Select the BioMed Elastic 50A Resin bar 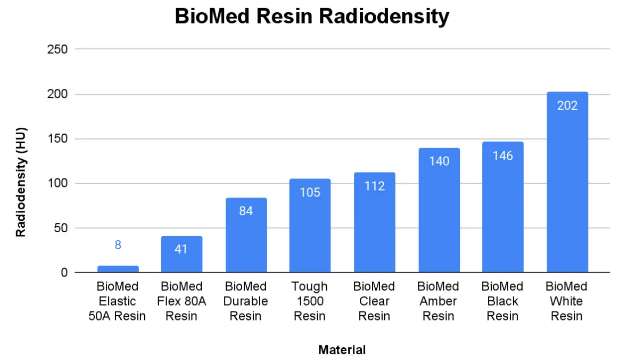point(118,269)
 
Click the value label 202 point(567,105)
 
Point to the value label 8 point(118,245)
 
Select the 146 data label point(502,156)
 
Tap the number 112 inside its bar point(374,186)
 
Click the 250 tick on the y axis point(57,50)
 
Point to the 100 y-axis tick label point(57,184)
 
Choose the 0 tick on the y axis point(64,273)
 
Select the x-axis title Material point(342,350)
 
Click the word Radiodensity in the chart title point(383,17)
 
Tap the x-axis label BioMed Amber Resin point(439,301)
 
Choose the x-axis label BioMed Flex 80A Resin point(181,301)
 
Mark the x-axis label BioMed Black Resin point(502,301)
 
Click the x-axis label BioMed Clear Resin point(374,301)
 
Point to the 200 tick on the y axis point(57,94)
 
